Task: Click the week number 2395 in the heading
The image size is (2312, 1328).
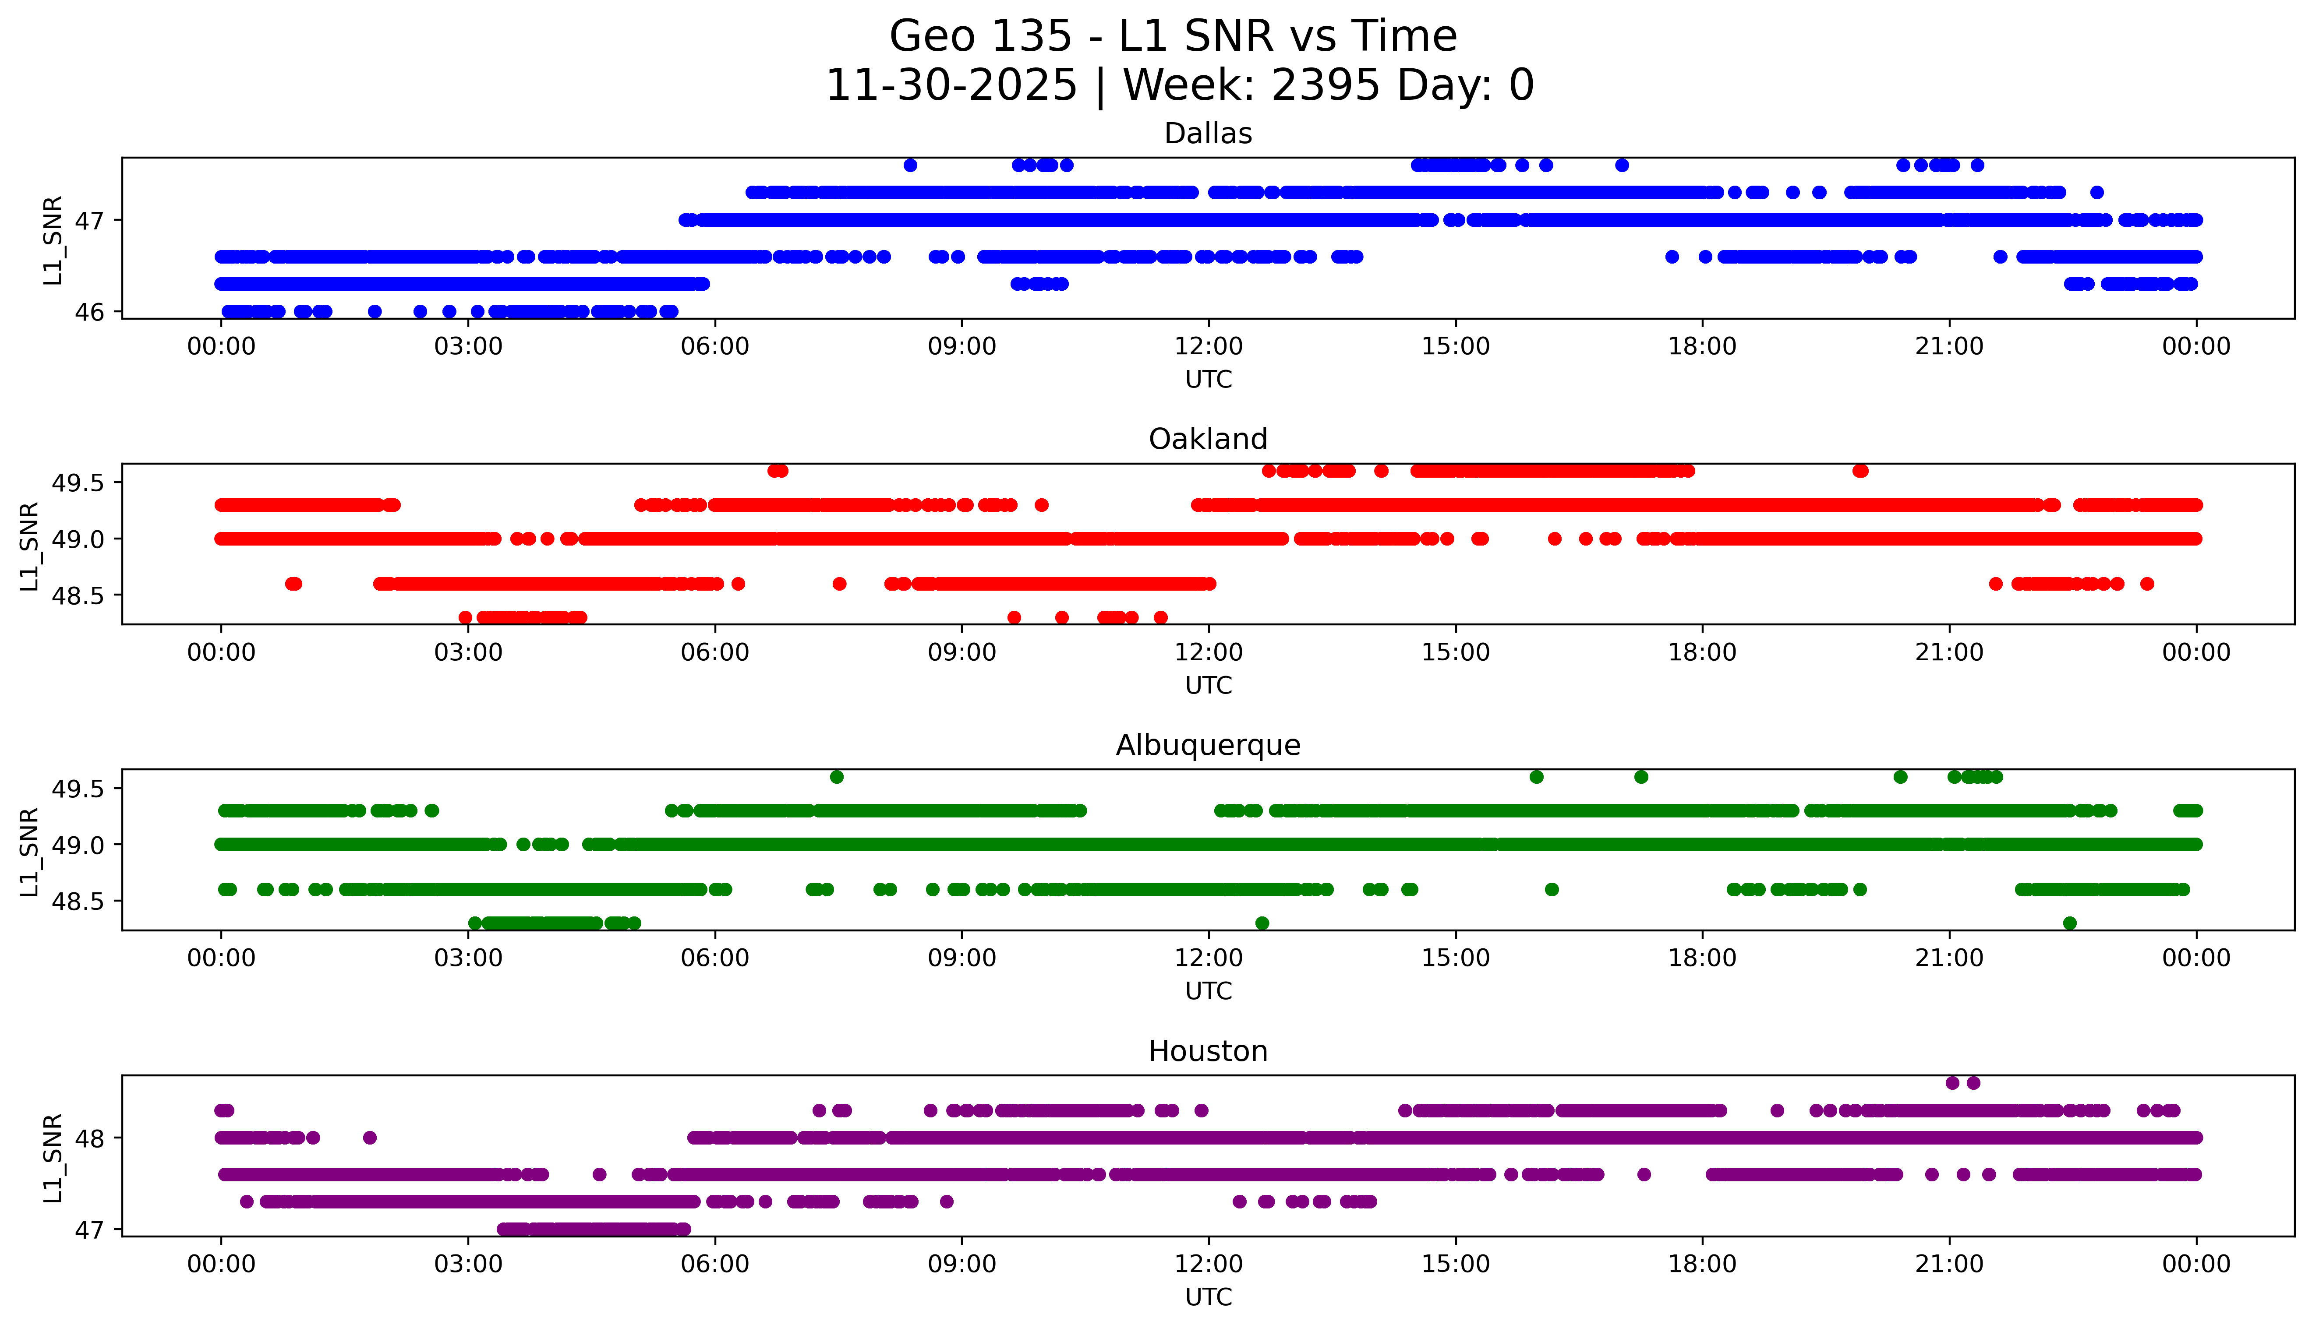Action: [x=1325, y=86]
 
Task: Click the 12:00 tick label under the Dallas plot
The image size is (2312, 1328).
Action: [x=1208, y=347]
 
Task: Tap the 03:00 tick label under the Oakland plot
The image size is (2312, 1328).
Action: [x=468, y=652]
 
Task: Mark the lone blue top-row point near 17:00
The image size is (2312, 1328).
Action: [x=1621, y=165]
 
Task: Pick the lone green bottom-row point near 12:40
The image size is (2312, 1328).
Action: [x=1262, y=923]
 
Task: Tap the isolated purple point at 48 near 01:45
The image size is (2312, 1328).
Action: [x=370, y=1138]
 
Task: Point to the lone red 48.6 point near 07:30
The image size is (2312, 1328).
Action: [x=839, y=584]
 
